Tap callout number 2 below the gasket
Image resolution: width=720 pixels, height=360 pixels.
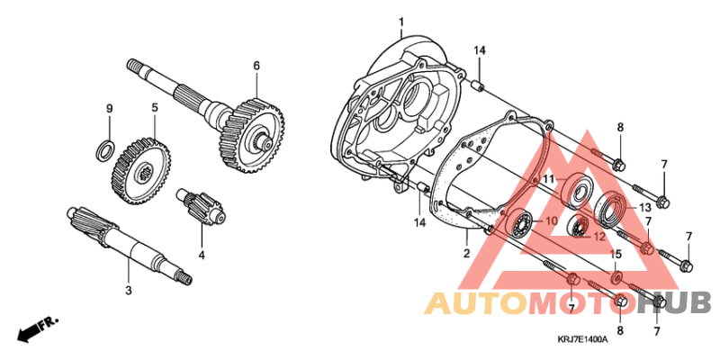tap(467, 255)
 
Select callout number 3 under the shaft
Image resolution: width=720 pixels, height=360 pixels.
tap(128, 290)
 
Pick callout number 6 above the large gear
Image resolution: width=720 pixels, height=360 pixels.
tap(256, 66)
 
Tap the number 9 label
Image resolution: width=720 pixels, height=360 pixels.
tap(109, 109)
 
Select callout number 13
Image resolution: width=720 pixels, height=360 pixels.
tap(644, 207)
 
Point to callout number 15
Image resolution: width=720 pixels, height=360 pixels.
tap(616, 255)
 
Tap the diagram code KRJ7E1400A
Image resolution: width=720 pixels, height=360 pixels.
tap(582, 339)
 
